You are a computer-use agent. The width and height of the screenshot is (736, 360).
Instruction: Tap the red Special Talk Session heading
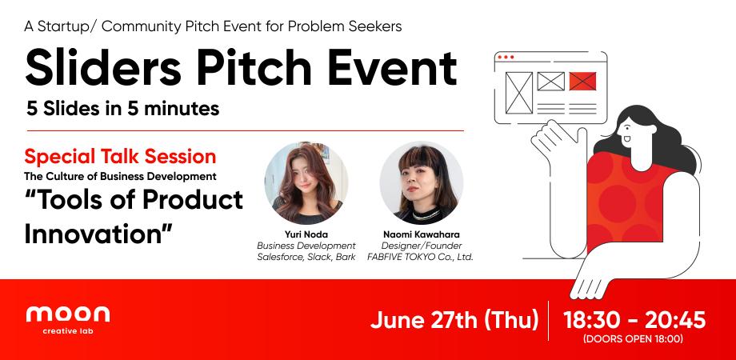click(x=120, y=155)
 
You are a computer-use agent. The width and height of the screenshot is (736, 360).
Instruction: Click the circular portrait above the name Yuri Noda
click(x=306, y=182)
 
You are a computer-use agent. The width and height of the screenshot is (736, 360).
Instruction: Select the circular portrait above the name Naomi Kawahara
click(x=421, y=182)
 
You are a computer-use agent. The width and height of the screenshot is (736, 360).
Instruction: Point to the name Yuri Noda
click(x=306, y=234)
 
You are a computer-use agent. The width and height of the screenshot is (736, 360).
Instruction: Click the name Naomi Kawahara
click(x=421, y=234)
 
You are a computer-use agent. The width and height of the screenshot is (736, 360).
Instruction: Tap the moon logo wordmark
click(x=68, y=314)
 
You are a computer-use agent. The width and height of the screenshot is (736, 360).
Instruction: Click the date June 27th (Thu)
click(x=454, y=321)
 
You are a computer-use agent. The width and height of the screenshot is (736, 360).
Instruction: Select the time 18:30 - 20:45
click(x=634, y=320)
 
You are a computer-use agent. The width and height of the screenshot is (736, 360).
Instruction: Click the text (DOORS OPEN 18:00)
click(x=634, y=339)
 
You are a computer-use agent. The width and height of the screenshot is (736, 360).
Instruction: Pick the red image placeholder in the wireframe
click(x=582, y=81)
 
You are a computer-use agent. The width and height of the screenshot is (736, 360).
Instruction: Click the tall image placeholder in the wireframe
click(x=520, y=91)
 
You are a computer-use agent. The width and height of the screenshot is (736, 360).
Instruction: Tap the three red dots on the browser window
click(x=505, y=58)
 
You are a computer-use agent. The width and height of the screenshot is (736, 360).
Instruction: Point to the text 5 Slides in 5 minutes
click(x=123, y=109)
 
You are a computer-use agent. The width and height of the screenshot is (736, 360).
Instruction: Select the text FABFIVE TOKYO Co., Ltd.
click(x=421, y=257)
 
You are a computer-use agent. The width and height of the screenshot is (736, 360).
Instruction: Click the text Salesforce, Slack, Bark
click(x=306, y=257)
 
